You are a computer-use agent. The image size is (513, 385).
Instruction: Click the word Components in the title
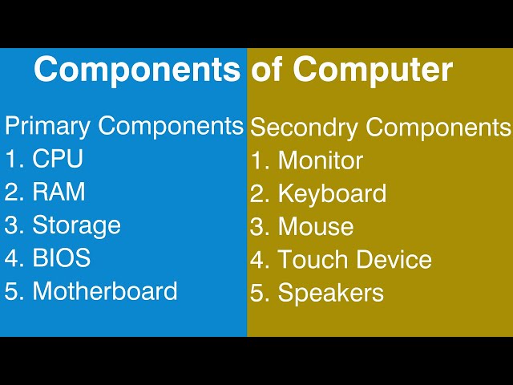click(x=136, y=71)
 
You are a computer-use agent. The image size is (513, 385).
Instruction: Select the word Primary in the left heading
click(x=49, y=127)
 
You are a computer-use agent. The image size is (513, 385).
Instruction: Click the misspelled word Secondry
click(x=301, y=128)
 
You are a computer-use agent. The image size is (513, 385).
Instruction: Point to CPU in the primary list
click(x=58, y=160)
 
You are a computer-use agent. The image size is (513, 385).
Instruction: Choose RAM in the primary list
click(x=59, y=192)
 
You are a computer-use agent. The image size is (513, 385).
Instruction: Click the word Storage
click(x=76, y=226)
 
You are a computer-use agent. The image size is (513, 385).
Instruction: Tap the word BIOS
click(x=61, y=258)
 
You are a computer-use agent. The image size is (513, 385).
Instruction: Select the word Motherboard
click(x=105, y=291)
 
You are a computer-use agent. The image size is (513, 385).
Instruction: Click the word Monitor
click(x=320, y=161)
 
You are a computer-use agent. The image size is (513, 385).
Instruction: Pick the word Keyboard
click(x=332, y=194)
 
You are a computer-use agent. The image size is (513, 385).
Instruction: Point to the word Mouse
click(x=315, y=227)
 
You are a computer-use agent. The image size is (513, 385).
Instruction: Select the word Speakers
click(x=330, y=294)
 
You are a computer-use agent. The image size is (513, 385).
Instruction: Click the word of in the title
click(x=269, y=71)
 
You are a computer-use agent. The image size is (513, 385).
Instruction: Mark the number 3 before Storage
click(x=12, y=226)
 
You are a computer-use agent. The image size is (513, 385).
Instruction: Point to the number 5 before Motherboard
click(x=12, y=291)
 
